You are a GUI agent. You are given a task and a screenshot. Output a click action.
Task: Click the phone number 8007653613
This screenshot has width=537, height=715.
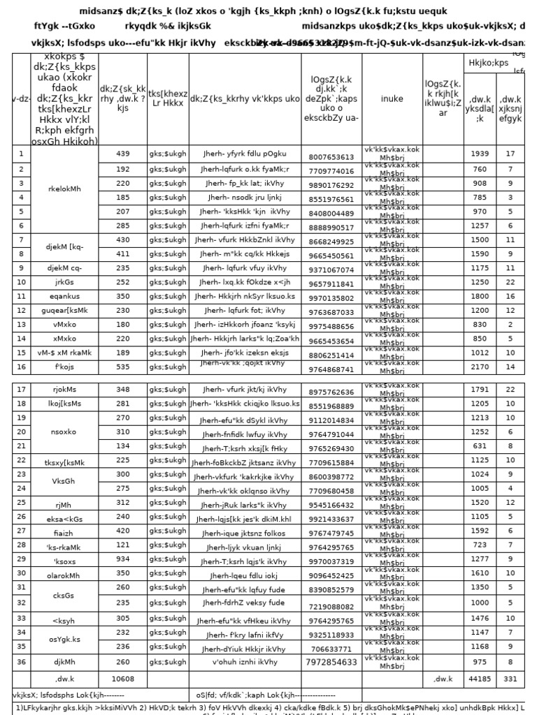(x=331, y=156)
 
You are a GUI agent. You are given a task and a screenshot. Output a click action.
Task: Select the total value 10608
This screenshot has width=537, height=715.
(x=123, y=678)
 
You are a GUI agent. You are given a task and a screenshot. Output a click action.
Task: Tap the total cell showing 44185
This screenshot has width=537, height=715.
(x=480, y=678)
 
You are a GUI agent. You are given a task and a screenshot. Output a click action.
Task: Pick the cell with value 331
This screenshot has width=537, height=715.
(x=510, y=678)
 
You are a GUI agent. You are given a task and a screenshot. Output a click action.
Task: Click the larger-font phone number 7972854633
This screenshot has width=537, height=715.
(x=331, y=662)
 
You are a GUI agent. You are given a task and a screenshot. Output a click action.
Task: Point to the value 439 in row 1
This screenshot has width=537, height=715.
(x=123, y=154)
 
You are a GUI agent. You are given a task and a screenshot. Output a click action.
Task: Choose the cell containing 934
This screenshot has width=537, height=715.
(x=123, y=559)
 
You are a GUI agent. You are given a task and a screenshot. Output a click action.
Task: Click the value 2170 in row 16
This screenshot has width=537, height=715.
(x=480, y=367)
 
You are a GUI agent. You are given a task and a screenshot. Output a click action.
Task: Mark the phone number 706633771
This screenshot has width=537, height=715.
(x=331, y=649)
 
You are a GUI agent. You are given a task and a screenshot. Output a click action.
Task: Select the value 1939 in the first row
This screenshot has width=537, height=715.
(x=480, y=154)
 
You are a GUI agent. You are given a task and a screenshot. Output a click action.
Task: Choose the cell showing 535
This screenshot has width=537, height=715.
(x=123, y=367)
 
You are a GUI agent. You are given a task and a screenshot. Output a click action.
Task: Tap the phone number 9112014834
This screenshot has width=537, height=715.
(x=331, y=420)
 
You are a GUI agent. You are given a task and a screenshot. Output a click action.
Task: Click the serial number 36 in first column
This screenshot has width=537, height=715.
(x=21, y=661)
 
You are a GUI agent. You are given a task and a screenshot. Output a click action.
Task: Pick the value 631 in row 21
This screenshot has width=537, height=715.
(x=480, y=445)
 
